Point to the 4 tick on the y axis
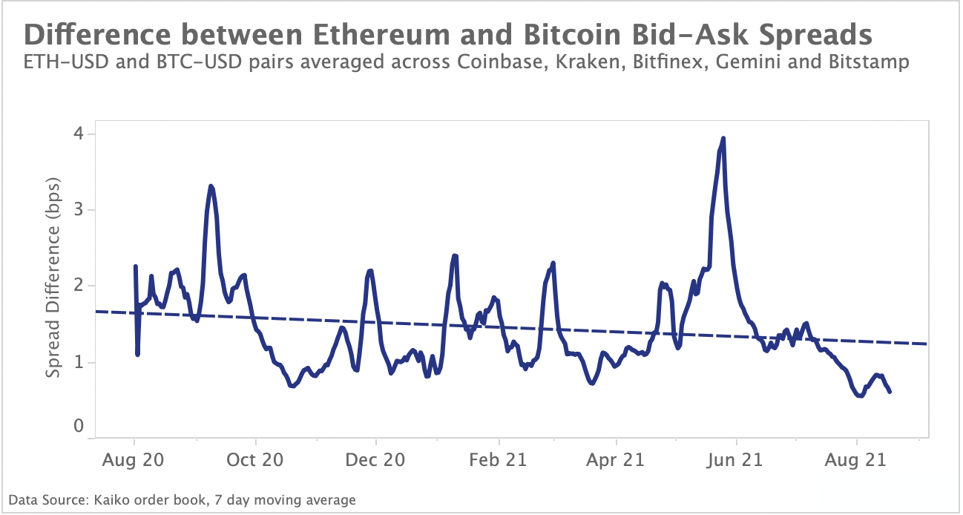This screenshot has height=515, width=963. tap(79, 134)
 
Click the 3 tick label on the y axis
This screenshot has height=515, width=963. tap(79, 210)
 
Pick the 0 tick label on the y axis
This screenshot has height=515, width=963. tap(79, 427)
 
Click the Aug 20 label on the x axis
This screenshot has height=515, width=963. tap(134, 460)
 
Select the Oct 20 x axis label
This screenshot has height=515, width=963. tap(254, 460)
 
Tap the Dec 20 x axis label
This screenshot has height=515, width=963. tap(375, 460)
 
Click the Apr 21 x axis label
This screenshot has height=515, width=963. tap(617, 460)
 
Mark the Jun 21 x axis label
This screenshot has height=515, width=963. tap(735, 460)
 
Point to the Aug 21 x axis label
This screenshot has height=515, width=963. tap(857, 460)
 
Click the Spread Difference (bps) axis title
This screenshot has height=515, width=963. tap(53, 278)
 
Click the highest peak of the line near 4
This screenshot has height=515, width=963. tap(723, 138)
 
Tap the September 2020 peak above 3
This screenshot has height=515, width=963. tap(211, 186)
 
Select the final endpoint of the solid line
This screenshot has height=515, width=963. tap(890, 391)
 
